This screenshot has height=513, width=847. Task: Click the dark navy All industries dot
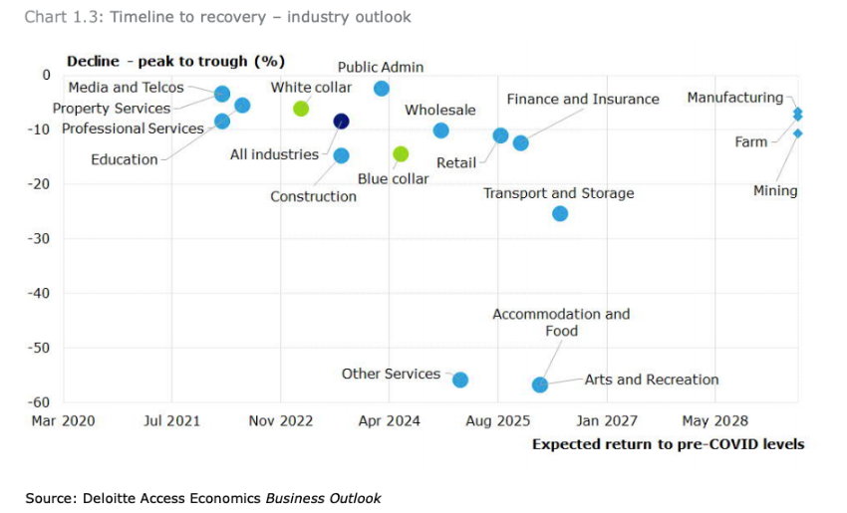coord(341,122)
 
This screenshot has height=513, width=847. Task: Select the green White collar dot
coord(301,109)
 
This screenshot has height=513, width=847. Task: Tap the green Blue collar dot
coord(401,153)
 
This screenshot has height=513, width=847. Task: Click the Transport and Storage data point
coord(560,213)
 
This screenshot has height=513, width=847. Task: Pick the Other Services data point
coord(460,380)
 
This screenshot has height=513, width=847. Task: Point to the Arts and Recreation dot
coord(540,385)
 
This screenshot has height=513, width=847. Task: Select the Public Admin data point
coord(382,89)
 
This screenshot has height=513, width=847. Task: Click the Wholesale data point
coord(441,130)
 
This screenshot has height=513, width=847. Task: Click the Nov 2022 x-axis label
coord(281,421)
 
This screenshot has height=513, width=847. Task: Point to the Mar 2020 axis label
coord(64,421)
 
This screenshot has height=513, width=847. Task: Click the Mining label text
coord(775,190)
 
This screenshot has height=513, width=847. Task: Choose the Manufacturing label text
coord(735,98)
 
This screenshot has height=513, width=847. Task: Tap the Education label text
coord(125,159)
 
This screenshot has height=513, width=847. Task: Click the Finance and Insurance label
coord(583,100)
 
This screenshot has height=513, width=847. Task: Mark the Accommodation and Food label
coord(561,322)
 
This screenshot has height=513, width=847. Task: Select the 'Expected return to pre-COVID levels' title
coord(668,444)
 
